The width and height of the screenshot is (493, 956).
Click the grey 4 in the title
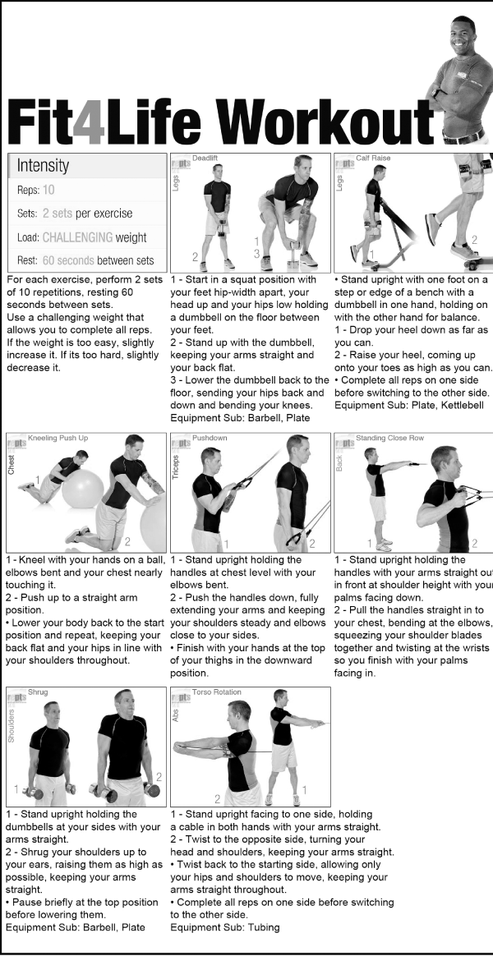(89, 122)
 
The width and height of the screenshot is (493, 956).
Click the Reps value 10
(48, 191)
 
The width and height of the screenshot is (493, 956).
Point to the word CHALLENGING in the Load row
(77, 237)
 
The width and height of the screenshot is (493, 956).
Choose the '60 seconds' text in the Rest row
(64, 261)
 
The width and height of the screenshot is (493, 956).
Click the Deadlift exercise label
(205, 159)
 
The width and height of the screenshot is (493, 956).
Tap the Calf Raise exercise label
(373, 159)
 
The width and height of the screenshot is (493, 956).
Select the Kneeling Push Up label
(58, 439)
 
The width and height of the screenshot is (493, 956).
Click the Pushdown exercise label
(210, 439)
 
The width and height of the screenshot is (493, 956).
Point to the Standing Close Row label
(390, 439)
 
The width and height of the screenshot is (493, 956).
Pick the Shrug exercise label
(38, 692)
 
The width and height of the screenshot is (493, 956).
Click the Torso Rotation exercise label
(217, 692)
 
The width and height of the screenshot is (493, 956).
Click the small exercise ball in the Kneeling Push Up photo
(82, 489)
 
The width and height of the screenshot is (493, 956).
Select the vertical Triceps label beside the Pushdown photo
(176, 467)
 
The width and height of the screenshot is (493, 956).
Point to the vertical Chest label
(12, 464)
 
